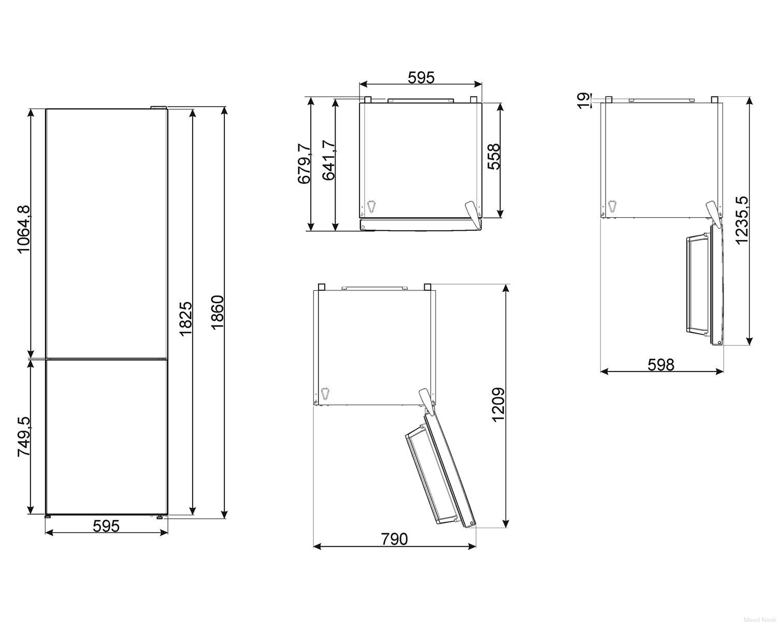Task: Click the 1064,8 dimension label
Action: pos(24,230)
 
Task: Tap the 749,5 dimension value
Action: pos(24,436)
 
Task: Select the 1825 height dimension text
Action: pos(186,319)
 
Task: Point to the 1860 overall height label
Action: pos(218,313)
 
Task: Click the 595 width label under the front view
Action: pos(106,526)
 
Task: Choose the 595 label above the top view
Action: pos(421,78)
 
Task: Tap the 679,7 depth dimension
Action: pos(304,164)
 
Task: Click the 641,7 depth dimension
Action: pos(328,161)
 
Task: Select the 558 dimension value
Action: pos(494,157)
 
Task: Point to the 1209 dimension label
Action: pos(498,405)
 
